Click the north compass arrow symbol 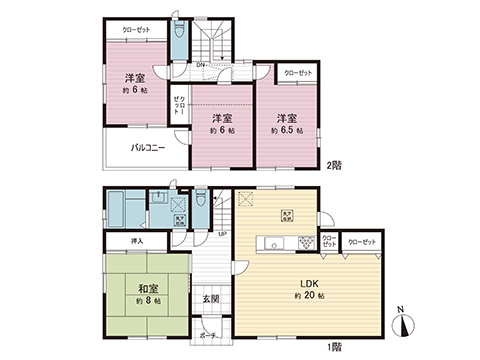coord(404,322)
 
